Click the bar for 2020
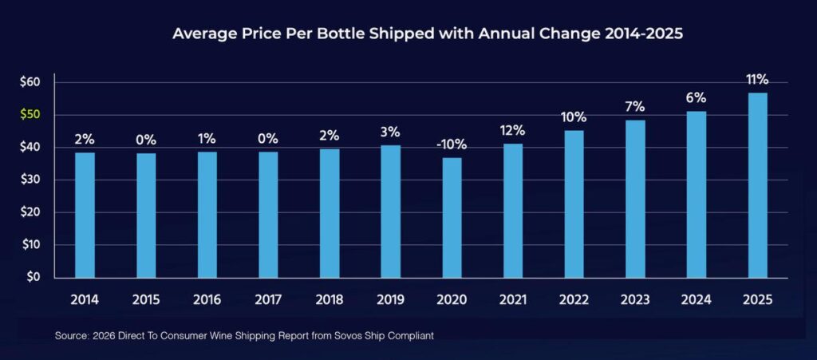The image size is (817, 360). point(452,217)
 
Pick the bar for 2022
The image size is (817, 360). point(574,204)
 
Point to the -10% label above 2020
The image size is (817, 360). point(452,144)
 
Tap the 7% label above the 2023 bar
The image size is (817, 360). point(635,107)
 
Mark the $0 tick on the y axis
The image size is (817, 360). point(34,278)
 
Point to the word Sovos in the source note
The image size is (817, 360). point(341,336)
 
